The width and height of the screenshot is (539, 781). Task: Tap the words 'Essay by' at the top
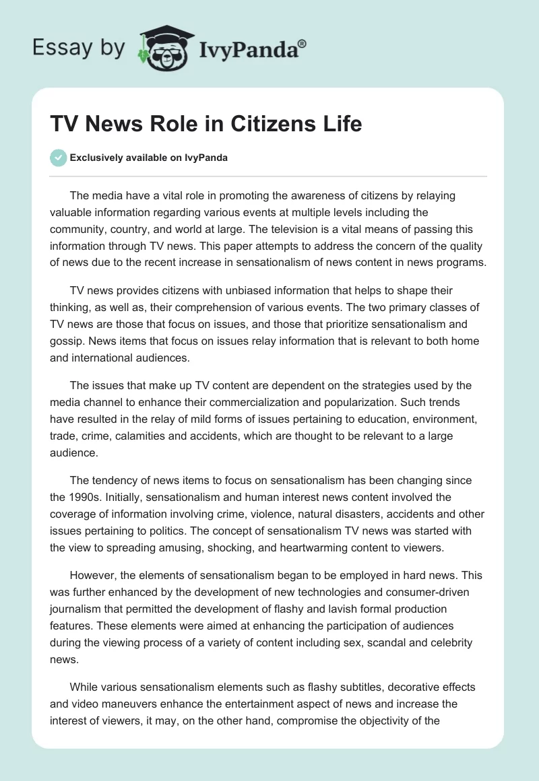coord(78,48)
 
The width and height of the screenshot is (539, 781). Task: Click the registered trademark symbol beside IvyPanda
coord(302,43)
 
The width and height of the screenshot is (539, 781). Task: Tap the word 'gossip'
coord(68,325)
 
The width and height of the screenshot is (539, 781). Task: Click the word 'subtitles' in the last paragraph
coord(346,687)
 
